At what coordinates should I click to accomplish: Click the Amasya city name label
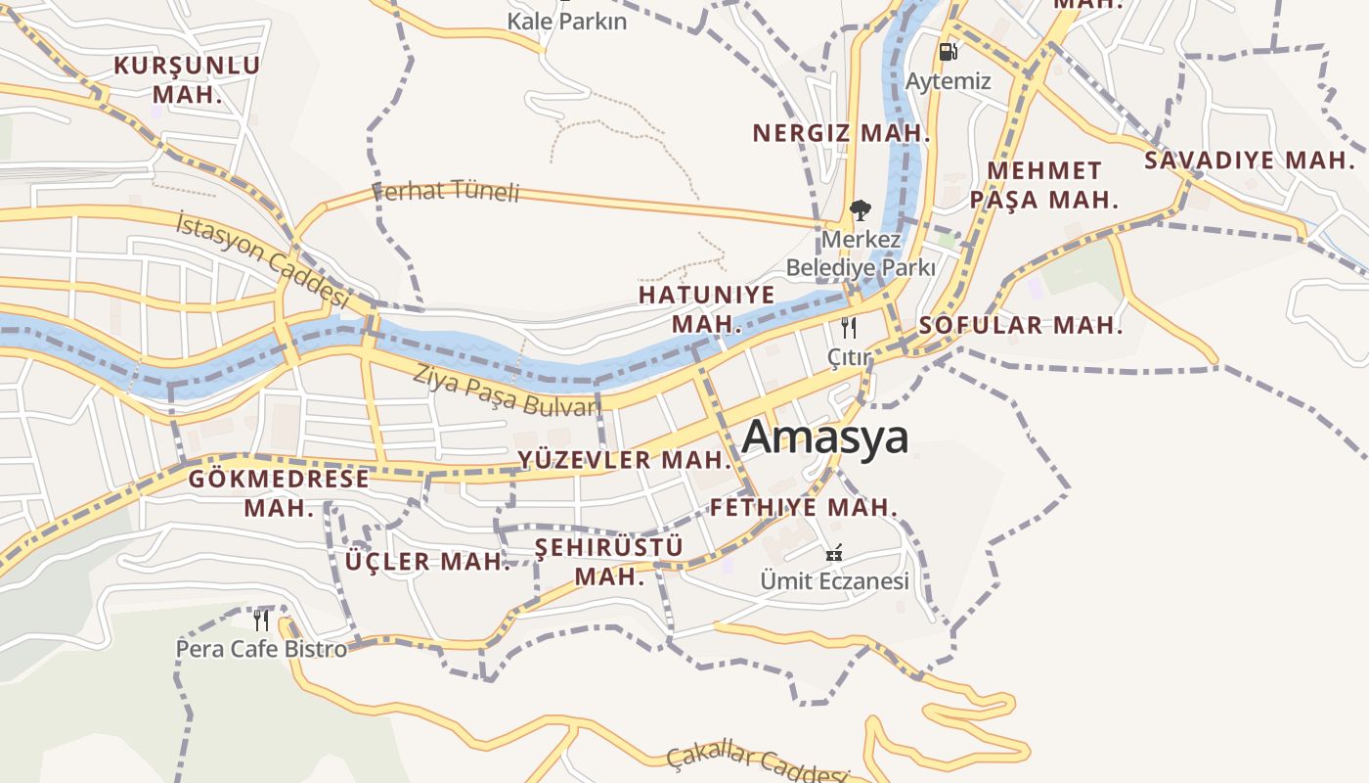(824, 438)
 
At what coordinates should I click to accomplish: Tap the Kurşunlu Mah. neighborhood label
(187, 80)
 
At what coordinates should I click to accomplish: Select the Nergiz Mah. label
(841, 133)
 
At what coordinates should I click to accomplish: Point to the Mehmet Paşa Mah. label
(1043, 185)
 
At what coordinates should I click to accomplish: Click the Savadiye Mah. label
(1250, 161)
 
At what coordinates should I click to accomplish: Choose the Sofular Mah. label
(1021, 325)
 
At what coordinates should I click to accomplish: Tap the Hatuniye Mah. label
(706, 309)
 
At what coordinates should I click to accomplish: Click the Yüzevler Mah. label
(625, 459)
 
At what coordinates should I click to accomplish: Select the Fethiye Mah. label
(803, 507)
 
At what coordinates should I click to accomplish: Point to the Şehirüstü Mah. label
(609, 561)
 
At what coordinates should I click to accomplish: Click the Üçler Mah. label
(427, 562)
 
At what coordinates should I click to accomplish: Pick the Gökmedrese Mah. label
(279, 493)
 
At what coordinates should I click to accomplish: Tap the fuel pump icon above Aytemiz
(947, 52)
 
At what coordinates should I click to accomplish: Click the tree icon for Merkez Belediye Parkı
(861, 209)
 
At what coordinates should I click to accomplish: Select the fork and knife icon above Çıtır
(849, 328)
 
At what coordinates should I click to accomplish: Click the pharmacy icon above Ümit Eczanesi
(834, 553)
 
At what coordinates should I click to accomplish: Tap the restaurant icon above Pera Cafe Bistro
(260, 620)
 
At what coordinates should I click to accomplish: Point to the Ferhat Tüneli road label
(446, 191)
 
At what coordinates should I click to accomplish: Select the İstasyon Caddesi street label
(262, 260)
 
